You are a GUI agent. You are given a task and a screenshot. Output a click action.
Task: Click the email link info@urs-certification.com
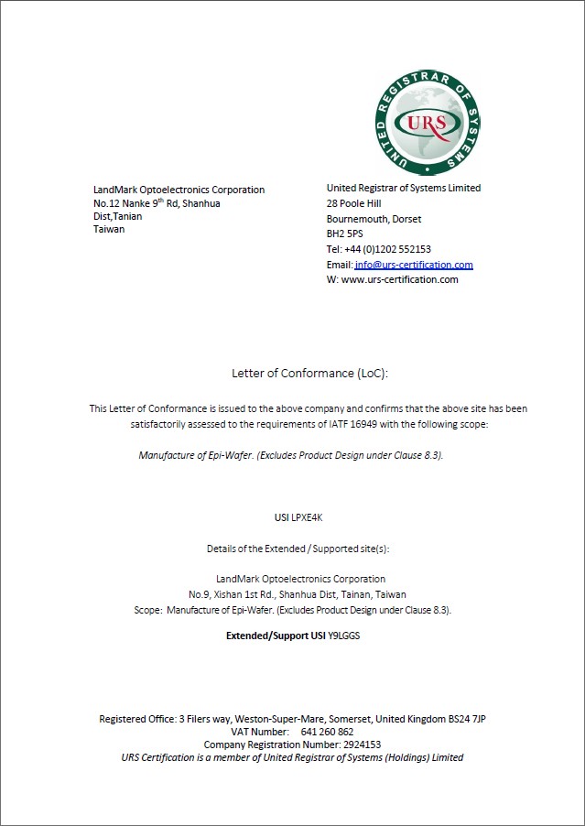click(414, 265)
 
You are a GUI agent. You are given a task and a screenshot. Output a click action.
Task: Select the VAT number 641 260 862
click(327, 732)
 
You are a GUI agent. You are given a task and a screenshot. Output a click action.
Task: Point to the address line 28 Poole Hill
click(353, 203)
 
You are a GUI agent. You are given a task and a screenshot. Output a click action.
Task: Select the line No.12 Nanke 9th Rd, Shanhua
click(157, 203)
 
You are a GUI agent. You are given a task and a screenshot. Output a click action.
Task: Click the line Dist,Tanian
click(117, 216)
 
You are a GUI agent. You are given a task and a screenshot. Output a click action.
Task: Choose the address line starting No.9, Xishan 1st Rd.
click(298, 594)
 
